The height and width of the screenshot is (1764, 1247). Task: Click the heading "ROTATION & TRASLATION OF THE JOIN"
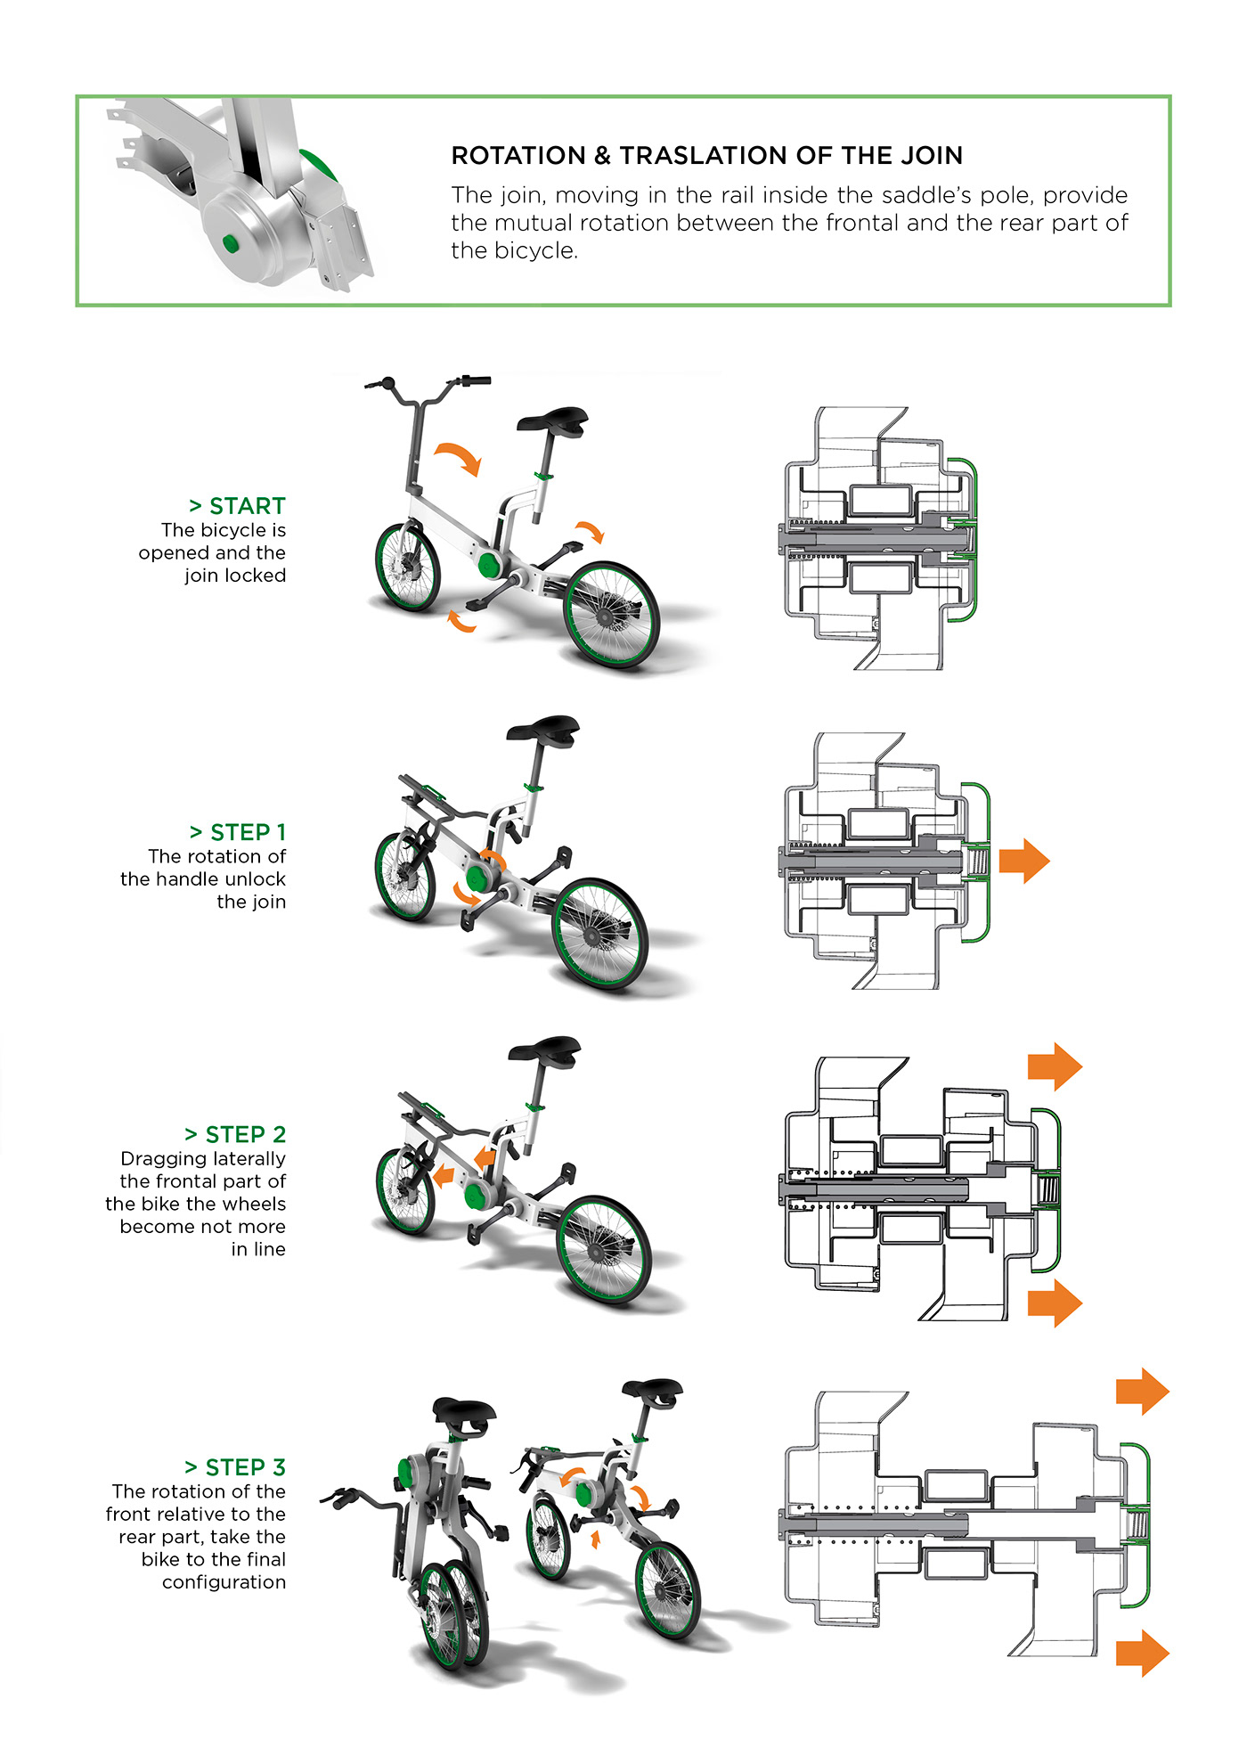pos(706,156)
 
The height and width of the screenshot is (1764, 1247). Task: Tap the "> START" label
pos(238,506)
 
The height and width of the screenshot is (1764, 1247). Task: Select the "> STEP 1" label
pos(238,832)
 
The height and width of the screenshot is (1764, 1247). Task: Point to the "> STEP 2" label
pos(235,1134)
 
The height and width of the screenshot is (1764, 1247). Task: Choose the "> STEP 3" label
pos(235,1467)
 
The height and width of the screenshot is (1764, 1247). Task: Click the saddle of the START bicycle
pos(553,420)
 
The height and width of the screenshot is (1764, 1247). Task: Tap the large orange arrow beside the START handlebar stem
pos(460,456)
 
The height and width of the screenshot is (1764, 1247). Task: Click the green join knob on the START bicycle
pos(489,564)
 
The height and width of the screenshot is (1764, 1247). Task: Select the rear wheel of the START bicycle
pos(614,615)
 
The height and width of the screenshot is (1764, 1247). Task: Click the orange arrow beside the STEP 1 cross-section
pos(1024,861)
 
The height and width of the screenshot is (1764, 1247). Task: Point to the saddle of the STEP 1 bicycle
pos(543,729)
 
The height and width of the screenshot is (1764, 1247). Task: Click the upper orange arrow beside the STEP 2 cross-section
pos(1055,1066)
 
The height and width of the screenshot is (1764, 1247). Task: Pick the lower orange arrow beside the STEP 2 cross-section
pos(1055,1303)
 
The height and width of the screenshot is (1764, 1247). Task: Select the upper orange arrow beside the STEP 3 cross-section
pos(1142,1391)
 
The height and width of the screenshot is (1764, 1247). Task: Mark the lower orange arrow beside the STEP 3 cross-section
pos(1142,1653)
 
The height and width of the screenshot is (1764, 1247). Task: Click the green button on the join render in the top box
pos(231,242)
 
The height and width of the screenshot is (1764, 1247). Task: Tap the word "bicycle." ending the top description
pos(514,251)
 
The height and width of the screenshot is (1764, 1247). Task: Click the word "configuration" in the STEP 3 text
pos(224,1582)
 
